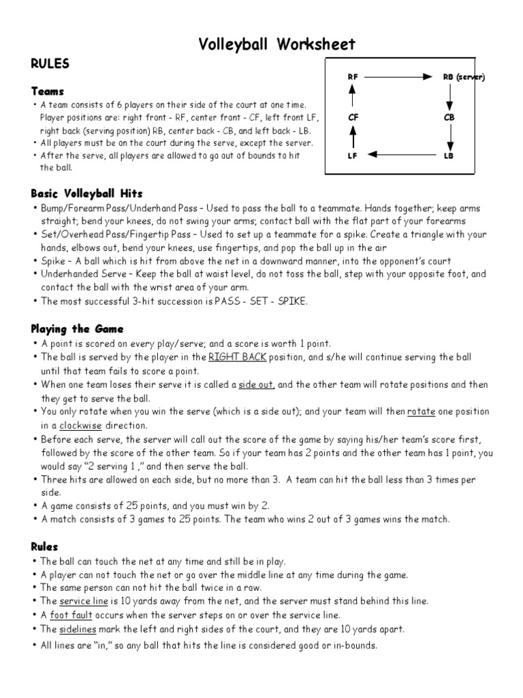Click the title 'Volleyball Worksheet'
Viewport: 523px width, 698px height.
click(x=276, y=45)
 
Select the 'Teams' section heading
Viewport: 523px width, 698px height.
click(x=48, y=91)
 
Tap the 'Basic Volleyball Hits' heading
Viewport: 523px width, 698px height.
click(x=86, y=194)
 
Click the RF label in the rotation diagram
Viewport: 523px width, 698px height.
click(x=353, y=77)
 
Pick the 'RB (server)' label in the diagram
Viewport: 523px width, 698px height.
click(x=463, y=77)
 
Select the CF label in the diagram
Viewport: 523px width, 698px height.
click(x=353, y=117)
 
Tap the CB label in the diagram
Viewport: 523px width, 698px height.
click(x=449, y=117)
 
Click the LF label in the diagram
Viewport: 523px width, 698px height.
click(x=353, y=156)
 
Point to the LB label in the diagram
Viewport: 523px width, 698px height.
click(x=449, y=156)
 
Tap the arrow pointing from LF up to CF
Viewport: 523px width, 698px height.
click(x=353, y=137)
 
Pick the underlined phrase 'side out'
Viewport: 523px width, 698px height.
click(x=256, y=384)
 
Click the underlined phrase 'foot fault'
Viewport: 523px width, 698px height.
click(x=80, y=614)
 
